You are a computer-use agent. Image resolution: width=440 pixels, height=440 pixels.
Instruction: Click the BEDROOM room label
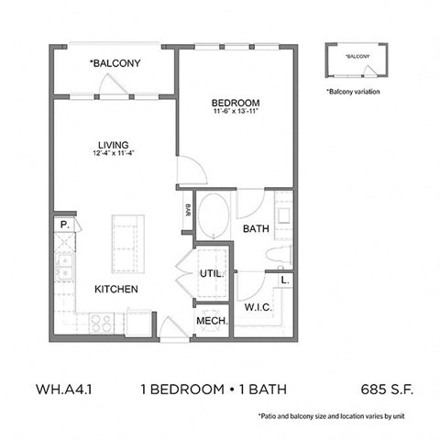pyautogui.click(x=236, y=102)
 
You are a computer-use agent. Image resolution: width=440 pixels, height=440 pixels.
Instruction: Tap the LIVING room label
pyautogui.click(x=114, y=143)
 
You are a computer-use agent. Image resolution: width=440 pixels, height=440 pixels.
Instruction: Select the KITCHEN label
pyautogui.click(x=115, y=290)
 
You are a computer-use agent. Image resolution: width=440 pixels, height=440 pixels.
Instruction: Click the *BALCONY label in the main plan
pyautogui.click(x=114, y=63)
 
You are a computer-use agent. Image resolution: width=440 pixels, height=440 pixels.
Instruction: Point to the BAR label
pyautogui.click(x=187, y=210)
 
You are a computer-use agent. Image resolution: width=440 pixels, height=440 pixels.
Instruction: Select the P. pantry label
pyautogui.click(x=64, y=223)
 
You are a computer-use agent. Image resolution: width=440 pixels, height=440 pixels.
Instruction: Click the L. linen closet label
pyautogui.click(x=285, y=280)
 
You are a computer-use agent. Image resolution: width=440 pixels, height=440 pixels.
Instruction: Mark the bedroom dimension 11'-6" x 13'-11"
pyautogui.click(x=236, y=112)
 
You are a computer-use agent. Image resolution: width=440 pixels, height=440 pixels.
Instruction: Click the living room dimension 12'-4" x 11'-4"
pyautogui.click(x=114, y=153)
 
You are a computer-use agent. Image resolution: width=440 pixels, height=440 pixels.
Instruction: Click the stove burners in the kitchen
pyautogui.click(x=100, y=323)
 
